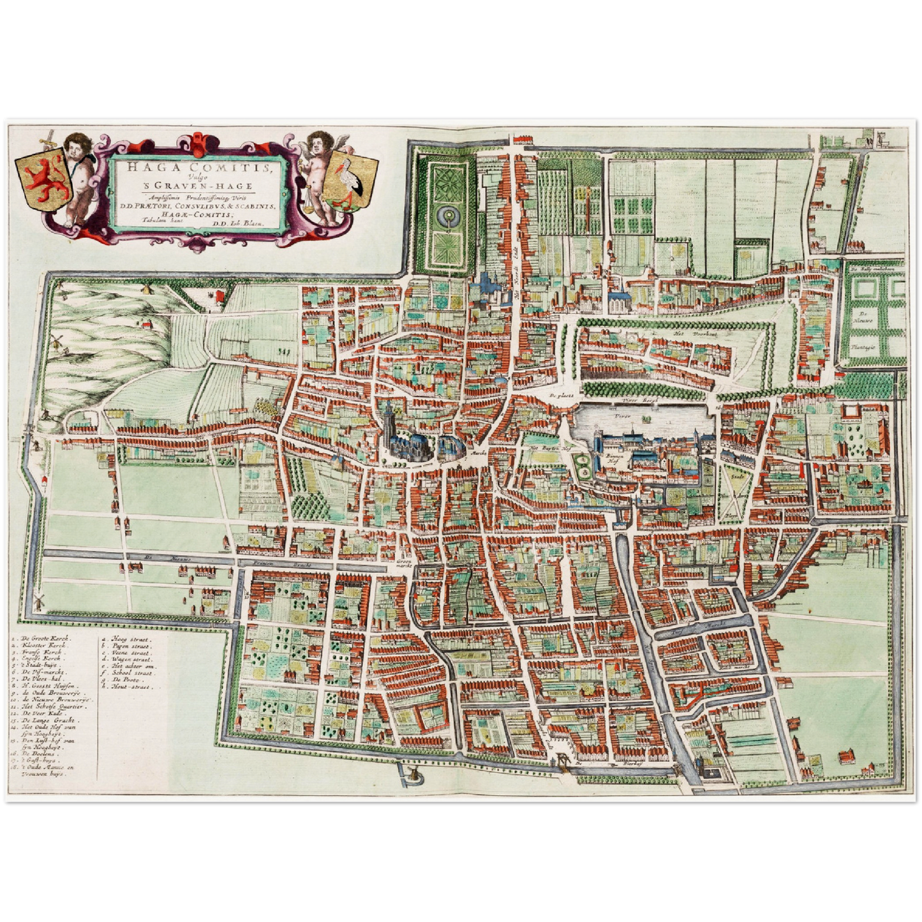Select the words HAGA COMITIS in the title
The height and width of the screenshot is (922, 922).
(197, 168)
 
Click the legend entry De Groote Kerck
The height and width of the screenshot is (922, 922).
(47, 637)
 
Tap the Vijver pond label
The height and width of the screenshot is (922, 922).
(622, 415)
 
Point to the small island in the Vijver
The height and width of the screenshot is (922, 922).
(649, 420)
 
